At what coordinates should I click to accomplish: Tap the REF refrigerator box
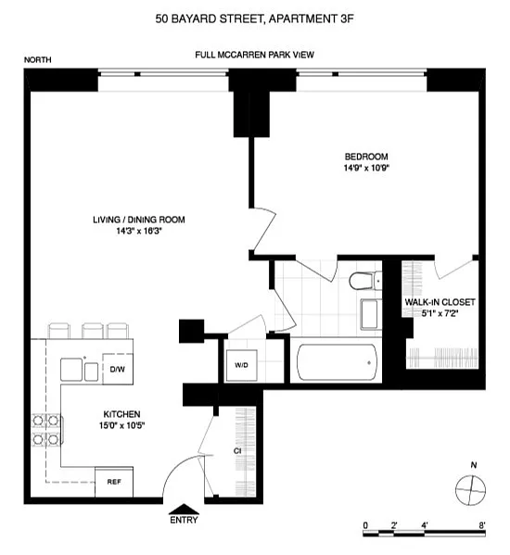pyautogui.click(x=114, y=482)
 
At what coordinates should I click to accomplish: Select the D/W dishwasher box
pyautogui.click(x=118, y=369)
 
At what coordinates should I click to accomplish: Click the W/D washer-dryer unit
pyautogui.click(x=241, y=365)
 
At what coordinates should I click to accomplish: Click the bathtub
pyautogui.click(x=337, y=362)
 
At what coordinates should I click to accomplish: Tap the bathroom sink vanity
pyautogui.click(x=371, y=314)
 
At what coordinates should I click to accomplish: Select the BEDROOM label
pyautogui.click(x=366, y=157)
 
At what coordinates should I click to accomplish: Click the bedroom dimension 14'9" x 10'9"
pyautogui.click(x=366, y=168)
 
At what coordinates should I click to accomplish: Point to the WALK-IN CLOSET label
pyautogui.click(x=440, y=302)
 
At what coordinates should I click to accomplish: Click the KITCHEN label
pyautogui.click(x=121, y=414)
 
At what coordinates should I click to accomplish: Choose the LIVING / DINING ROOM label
pyautogui.click(x=139, y=220)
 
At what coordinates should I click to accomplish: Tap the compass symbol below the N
pyautogui.click(x=470, y=490)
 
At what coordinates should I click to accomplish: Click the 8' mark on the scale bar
pyautogui.click(x=481, y=525)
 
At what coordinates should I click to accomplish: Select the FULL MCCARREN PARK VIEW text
pyautogui.click(x=255, y=55)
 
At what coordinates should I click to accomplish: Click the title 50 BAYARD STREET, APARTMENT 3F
pyautogui.click(x=255, y=19)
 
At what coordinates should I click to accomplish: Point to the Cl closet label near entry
pyautogui.click(x=237, y=451)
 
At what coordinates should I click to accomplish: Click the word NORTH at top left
pyautogui.click(x=37, y=60)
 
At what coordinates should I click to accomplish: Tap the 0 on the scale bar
pyautogui.click(x=365, y=525)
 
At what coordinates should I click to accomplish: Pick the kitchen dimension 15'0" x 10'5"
pyautogui.click(x=121, y=425)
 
